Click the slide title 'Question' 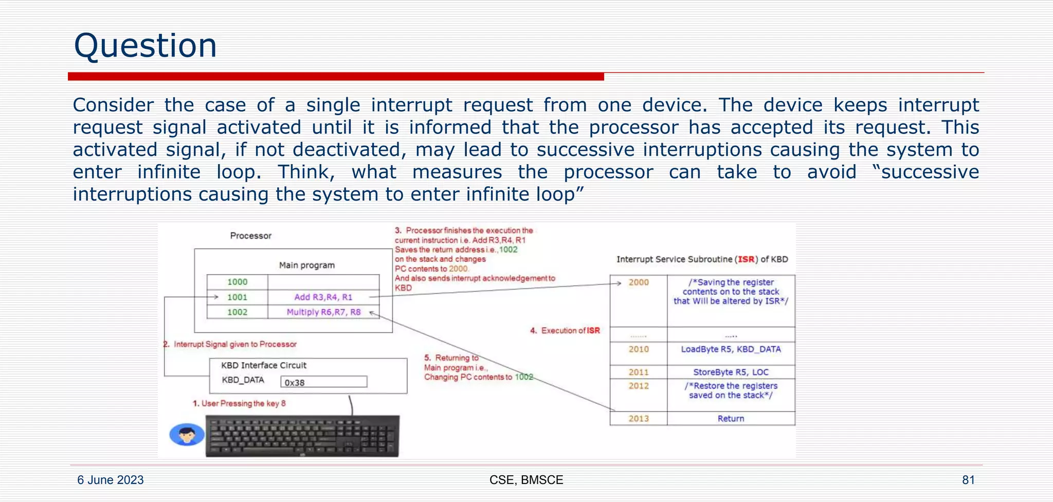[x=145, y=45]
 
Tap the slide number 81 [x=968, y=480]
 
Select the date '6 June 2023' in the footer [x=111, y=480]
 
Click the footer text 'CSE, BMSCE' [x=526, y=480]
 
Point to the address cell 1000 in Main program [x=237, y=282]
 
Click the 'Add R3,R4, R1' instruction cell [x=323, y=297]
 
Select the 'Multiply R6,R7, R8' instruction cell [x=323, y=312]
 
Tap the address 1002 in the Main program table [x=237, y=312]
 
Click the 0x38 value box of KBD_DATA [x=323, y=382]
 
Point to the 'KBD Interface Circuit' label [x=264, y=365]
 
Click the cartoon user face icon [x=187, y=435]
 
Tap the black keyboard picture [x=302, y=436]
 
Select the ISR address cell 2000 [x=639, y=282]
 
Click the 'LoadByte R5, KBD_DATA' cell [x=731, y=349]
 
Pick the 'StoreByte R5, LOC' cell [x=731, y=372]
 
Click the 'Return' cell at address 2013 [x=731, y=418]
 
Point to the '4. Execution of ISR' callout [x=565, y=331]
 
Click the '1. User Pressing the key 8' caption [x=239, y=403]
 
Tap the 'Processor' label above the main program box [x=250, y=236]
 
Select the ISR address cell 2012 [x=639, y=386]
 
